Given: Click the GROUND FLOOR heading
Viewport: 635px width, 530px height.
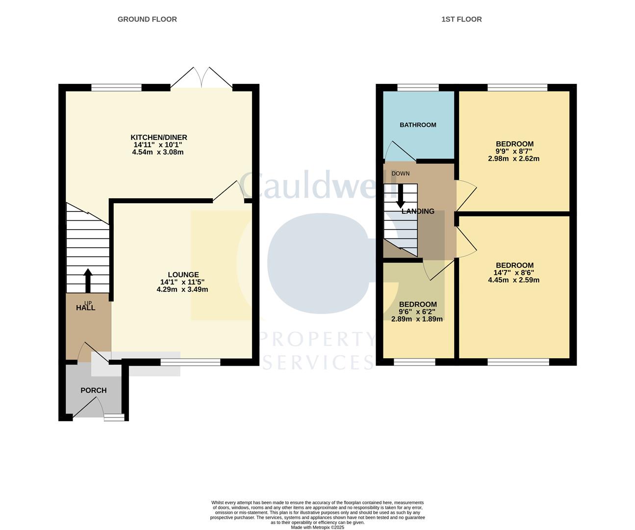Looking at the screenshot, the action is pos(147,19).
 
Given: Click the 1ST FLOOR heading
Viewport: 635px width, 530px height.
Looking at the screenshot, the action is pos(461,19).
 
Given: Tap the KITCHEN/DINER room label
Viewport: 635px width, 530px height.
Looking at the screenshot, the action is pos(159,137).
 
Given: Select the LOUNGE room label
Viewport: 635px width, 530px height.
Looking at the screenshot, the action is pos(183,275).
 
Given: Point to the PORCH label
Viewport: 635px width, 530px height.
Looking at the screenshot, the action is pos(94,390).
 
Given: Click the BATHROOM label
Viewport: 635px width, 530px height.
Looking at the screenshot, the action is pos(418,125).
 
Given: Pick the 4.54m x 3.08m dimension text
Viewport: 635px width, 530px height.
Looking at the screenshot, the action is pos(158,152).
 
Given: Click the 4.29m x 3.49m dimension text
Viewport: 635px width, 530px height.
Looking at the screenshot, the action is pos(182,290).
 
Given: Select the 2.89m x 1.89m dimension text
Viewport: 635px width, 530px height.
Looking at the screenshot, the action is pos(417,319).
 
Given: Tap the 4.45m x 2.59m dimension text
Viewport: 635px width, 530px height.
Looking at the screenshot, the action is pos(514,280).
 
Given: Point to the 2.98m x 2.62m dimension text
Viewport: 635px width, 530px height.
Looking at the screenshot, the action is pos(514,159).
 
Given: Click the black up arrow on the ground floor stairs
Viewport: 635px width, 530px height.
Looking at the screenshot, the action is pos(88,280).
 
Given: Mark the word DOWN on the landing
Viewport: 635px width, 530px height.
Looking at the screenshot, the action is pos(401,174).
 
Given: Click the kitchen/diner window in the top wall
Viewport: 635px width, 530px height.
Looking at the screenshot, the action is pos(117,88).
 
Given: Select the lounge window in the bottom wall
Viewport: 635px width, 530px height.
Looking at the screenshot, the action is pos(190,362).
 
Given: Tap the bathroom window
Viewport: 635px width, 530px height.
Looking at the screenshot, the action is pos(418,88).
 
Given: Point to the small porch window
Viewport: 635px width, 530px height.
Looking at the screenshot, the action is pos(114,417).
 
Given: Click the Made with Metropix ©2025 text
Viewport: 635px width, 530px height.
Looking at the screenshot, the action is pos(318,527).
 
